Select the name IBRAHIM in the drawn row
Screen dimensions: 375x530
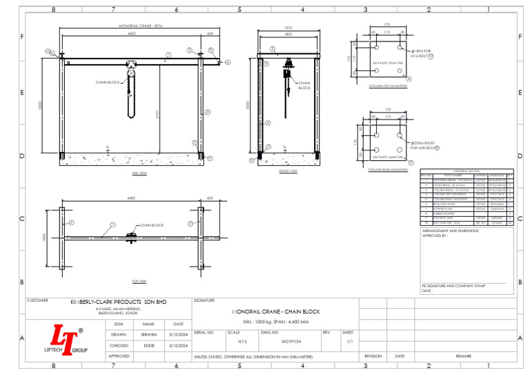(148, 334)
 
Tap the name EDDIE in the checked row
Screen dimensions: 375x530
(148, 345)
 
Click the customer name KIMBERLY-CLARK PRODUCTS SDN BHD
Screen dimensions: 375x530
(119, 302)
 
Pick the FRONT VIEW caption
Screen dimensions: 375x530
(288, 171)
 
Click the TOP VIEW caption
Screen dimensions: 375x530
(139, 281)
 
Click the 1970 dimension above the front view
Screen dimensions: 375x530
(288, 28)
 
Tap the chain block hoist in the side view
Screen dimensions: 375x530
(130, 73)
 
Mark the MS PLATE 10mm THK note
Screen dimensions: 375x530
(386, 63)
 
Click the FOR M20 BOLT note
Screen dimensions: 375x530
(423, 148)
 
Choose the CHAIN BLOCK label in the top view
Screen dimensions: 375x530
(152, 226)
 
